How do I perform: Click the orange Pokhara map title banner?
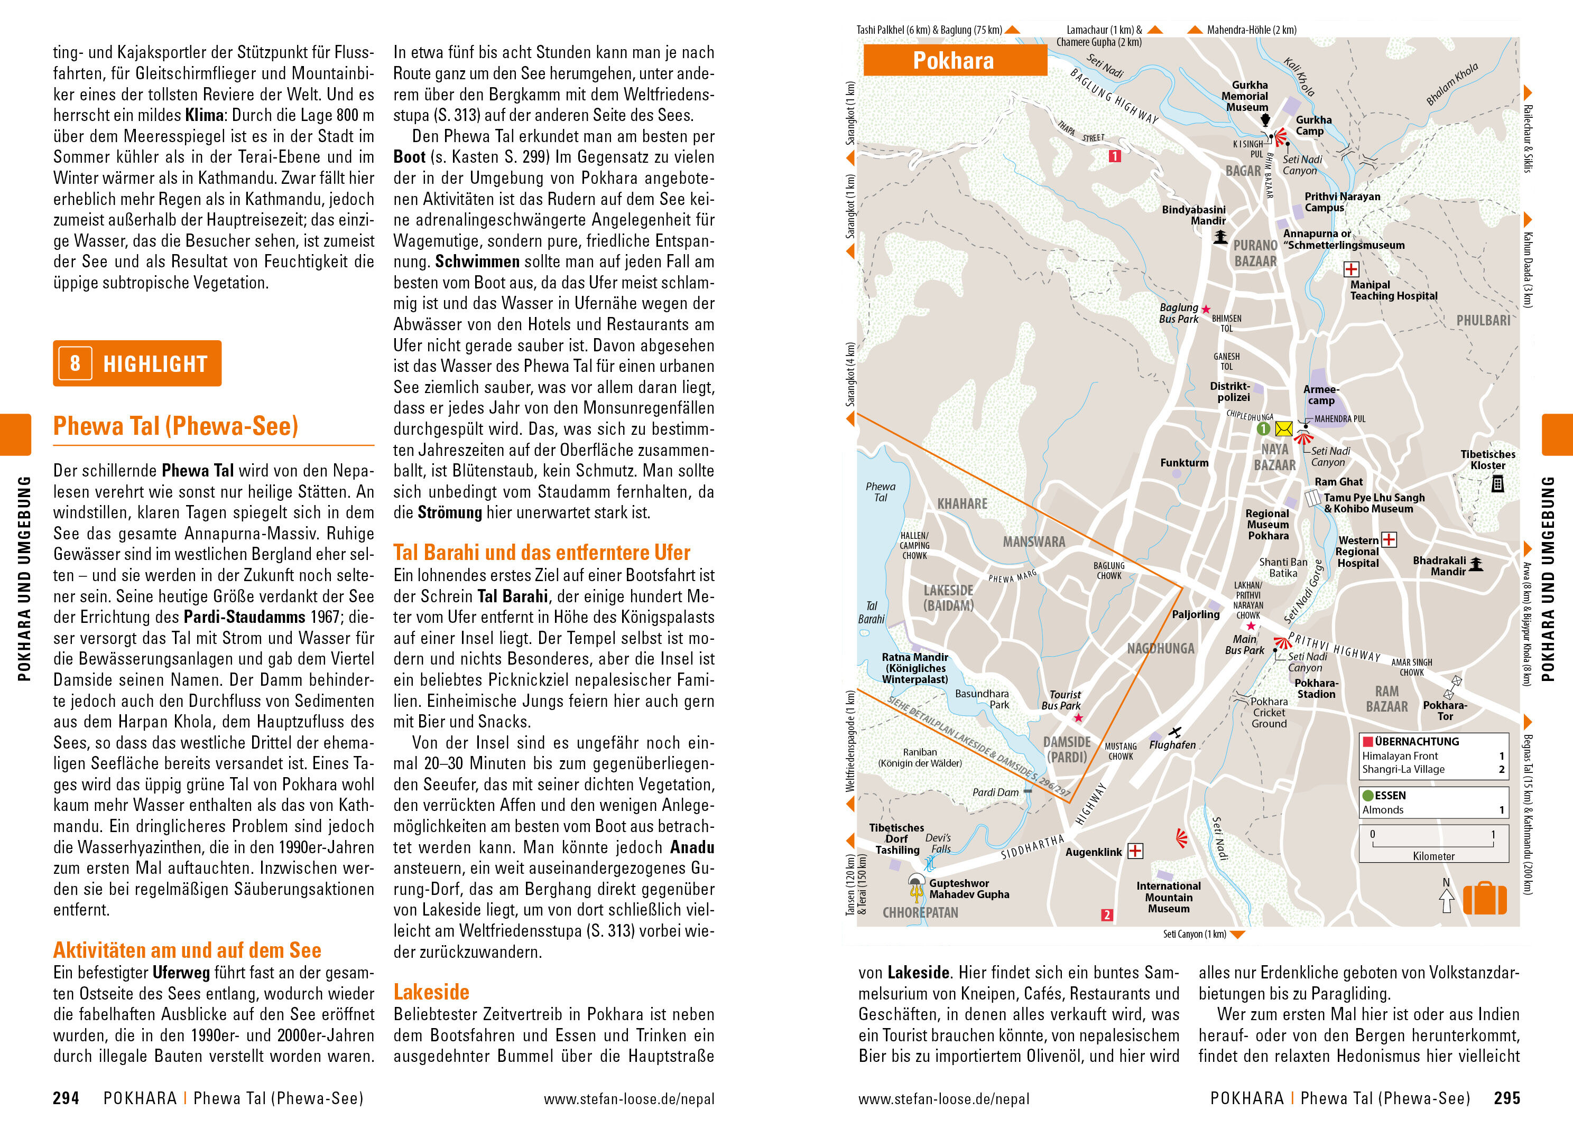955,60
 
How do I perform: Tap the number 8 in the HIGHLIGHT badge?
75,363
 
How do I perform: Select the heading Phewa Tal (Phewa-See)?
176,426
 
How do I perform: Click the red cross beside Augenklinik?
1135,851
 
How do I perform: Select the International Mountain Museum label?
1169,897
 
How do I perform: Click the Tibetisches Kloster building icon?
1498,484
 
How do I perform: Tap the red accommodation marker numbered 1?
1114,156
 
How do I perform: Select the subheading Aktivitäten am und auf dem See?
187,950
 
